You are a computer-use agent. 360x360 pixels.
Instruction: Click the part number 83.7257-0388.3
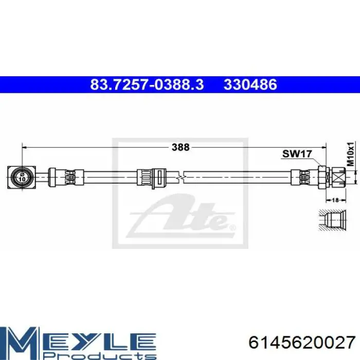click(x=147, y=84)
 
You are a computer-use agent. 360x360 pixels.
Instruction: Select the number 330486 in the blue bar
click(x=250, y=84)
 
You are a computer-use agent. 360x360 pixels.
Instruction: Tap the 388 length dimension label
click(x=181, y=147)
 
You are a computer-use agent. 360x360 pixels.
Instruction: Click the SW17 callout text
click(x=297, y=154)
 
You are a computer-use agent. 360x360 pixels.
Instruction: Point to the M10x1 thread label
click(x=351, y=154)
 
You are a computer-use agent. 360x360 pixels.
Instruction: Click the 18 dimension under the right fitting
click(x=335, y=200)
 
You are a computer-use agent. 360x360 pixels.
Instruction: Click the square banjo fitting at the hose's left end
click(x=22, y=177)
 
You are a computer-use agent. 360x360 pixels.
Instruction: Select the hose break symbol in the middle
click(x=182, y=177)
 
